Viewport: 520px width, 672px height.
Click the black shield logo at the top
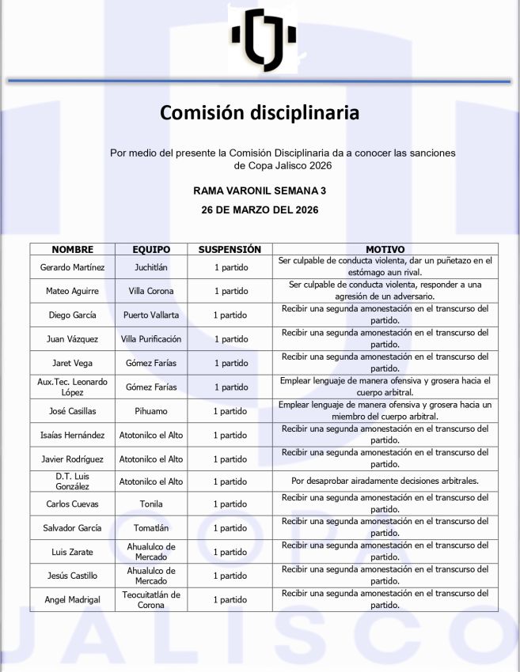(x=264, y=38)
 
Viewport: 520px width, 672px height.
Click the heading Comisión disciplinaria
(x=260, y=112)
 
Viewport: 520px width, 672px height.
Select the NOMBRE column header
(x=72, y=249)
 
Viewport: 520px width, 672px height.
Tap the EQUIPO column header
(x=151, y=249)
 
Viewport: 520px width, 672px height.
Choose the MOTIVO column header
(x=385, y=249)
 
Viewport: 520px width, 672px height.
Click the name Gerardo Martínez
(x=72, y=267)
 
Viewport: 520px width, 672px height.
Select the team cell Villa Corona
(x=151, y=291)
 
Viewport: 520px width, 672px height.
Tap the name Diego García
(x=72, y=315)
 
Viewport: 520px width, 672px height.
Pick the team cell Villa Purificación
(x=151, y=339)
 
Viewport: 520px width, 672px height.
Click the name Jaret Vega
(x=72, y=363)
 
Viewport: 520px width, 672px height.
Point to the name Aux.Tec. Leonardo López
(x=72, y=387)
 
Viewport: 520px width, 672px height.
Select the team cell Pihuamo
(x=151, y=411)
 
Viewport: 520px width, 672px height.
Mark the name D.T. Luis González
(x=72, y=481)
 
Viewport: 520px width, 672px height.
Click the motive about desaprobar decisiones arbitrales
(x=385, y=481)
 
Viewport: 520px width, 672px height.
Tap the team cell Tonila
(x=151, y=504)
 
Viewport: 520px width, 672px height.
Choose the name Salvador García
(x=72, y=527)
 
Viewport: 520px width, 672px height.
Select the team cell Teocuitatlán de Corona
(x=151, y=599)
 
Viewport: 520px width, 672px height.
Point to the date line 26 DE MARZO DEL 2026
(x=260, y=210)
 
